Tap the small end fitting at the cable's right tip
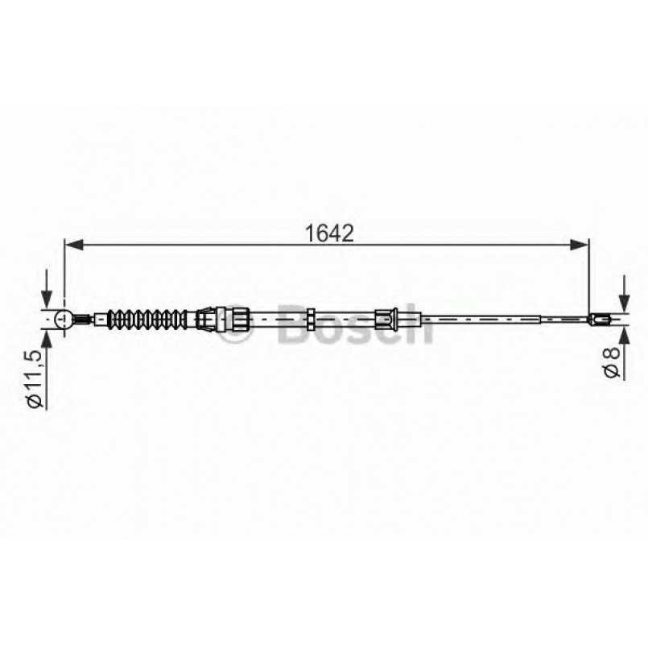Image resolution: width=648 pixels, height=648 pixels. [600, 320]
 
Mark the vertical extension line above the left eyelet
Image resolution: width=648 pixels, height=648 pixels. [63, 274]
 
